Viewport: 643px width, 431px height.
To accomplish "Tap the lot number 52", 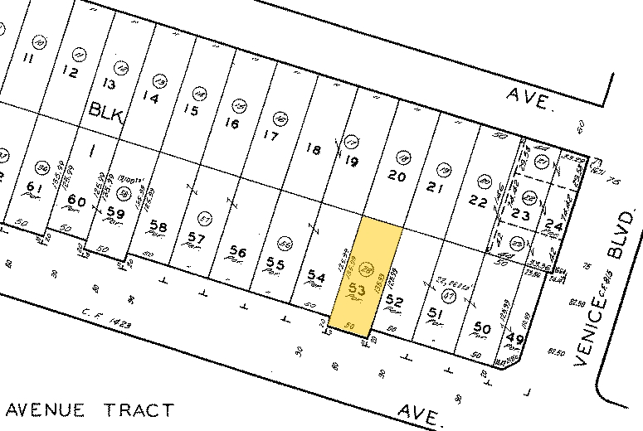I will [x=395, y=303].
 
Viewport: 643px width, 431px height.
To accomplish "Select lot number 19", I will [x=351, y=162].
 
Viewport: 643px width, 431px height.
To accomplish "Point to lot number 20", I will [x=397, y=176].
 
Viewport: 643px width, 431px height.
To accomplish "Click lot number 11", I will [x=27, y=58].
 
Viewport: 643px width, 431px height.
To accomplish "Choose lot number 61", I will [x=34, y=186].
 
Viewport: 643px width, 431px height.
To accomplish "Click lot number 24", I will [x=553, y=225].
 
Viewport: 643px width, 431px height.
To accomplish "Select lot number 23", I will [x=520, y=215].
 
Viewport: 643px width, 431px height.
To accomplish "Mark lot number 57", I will [x=196, y=239].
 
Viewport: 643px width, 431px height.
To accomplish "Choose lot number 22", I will [x=477, y=201].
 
